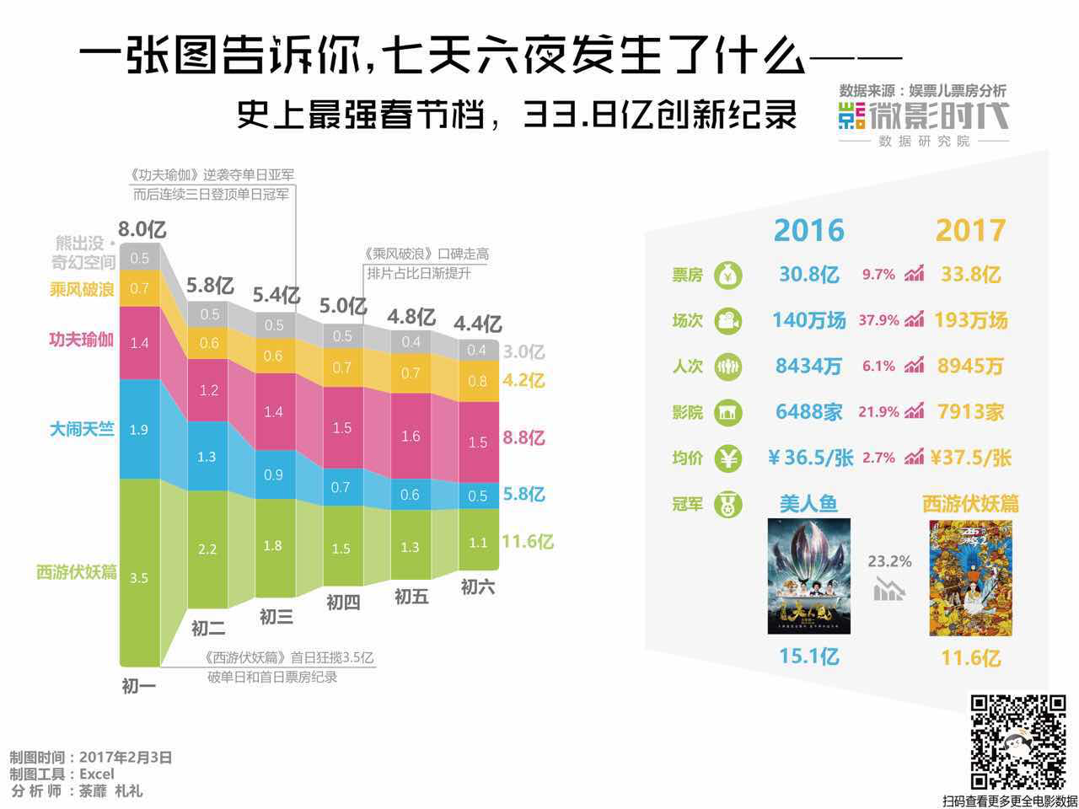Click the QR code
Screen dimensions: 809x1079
1017,742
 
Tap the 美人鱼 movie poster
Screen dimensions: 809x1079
808,576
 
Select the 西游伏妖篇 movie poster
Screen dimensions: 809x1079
970,578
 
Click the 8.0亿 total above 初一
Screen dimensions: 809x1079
142,229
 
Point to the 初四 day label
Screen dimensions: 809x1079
343,603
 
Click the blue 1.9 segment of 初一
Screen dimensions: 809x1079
139,429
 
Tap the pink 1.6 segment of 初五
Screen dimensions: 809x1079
411,437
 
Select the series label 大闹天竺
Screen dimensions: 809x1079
81,429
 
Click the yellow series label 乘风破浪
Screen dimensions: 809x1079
81,289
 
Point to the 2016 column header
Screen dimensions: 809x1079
808,231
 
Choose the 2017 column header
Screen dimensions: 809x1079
970,231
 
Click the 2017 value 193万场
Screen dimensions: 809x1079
970,320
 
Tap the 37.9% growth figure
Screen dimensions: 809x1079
878,320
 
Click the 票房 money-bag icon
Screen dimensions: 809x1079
728,276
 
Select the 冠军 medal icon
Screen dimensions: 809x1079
728,505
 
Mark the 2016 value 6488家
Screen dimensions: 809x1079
808,412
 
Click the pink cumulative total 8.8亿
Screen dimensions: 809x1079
523,438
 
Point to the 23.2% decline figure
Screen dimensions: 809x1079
889,561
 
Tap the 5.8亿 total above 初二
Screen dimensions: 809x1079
210,286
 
